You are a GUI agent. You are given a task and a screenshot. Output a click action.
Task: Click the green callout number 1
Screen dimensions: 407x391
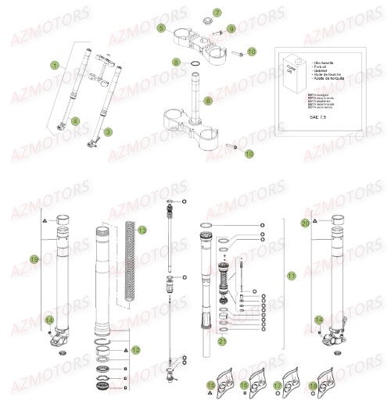pos(55,66)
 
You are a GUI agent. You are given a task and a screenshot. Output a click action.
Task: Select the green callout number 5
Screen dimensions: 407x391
pos(160,28)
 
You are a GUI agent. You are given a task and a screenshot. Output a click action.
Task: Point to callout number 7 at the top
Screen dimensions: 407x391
pos(217,12)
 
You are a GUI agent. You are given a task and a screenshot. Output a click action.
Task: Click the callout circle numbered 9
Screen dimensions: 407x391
pos(231,30)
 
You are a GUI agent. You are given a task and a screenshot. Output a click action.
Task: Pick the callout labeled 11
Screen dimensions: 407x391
pos(292,276)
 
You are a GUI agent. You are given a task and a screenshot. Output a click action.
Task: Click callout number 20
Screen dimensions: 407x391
pos(305,223)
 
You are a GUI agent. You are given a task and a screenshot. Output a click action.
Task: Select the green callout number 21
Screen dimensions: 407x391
pos(223,341)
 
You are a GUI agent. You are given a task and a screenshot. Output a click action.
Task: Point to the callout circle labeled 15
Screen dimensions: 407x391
pos(210,385)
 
